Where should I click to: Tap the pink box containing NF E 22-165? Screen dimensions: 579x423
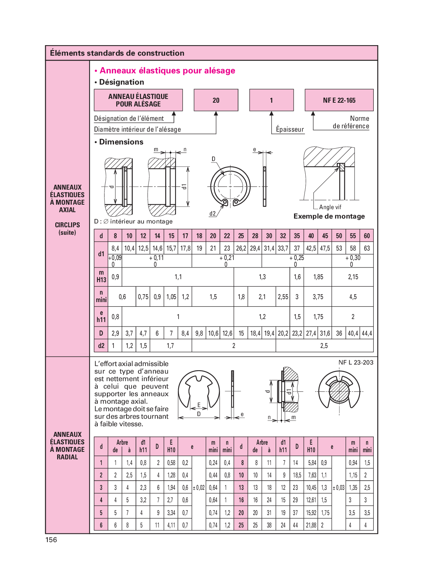click(339, 100)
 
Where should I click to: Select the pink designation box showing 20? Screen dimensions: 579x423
click(216, 100)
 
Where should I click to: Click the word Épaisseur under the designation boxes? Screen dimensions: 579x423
click(290, 129)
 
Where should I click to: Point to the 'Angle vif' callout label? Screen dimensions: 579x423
click(330, 207)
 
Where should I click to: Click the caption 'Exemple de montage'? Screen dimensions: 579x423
click(329, 216)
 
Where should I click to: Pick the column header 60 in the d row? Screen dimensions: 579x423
click(367, 236)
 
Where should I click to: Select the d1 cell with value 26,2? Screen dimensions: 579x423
click(241, 248)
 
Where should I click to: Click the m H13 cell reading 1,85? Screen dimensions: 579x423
click(318, 277)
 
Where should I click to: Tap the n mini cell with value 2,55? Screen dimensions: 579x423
click(283, 297)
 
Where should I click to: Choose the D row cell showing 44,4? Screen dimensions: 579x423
click(367, 333)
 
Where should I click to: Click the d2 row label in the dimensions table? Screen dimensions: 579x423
click(101, 346)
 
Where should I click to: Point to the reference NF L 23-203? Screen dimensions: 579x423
click(356, 362)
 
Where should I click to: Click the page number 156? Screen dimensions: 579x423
click(51, 540)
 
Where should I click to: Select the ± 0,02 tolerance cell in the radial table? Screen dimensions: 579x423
click(199, 488)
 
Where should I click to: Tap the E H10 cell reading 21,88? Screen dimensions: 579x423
click(311, 525)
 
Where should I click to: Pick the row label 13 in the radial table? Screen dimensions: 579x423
click(241, 488)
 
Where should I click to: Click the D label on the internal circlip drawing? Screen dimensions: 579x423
click(214, 159)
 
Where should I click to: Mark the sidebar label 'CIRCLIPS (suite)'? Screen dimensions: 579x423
click(67, 228)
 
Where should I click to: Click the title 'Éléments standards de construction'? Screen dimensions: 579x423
click(117, 53)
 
